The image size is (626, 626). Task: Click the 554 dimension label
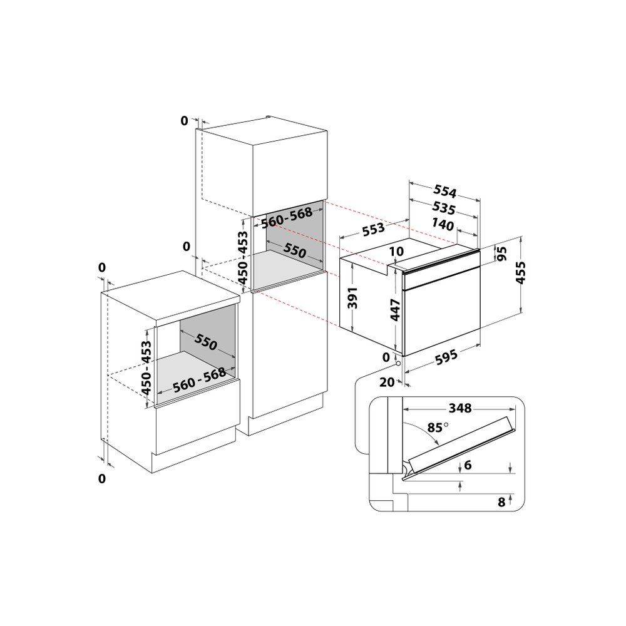[x=444, y=192]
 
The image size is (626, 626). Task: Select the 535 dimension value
[x=444, y=208]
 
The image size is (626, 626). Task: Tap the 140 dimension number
[x=443, y=224]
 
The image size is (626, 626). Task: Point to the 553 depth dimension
[x=374, y=229]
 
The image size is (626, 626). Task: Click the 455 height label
[x=520, y=273]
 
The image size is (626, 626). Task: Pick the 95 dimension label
[x=502, y=254]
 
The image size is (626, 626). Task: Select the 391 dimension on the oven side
[x=352, y=298]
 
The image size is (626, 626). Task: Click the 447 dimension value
[x=395, y=310]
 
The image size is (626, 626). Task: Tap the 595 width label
[x=446, y=357]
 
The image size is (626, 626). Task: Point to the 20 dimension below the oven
[x=387, y=382]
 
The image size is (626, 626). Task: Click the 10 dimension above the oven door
[x=396, y=251]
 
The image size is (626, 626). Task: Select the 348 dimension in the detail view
[x=460, y=408]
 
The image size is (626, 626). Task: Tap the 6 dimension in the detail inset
[x=468, y=464]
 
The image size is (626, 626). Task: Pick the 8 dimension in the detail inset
[x=501, y=502]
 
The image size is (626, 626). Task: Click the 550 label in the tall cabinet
[x=295, y=250]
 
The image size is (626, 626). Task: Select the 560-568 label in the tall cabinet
[x=287, y=218]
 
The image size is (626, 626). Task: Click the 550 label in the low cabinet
[x=206, y=342]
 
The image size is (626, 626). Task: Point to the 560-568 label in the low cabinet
[x=200, y=381]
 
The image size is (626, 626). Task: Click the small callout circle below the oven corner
[x=398, y=363]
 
